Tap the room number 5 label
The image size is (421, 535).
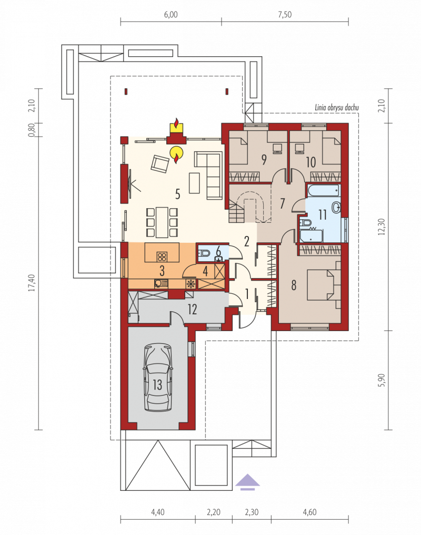coord(177,194)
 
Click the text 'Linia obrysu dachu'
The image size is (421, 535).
coord(337,108)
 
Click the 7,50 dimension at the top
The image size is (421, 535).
coord(285,15)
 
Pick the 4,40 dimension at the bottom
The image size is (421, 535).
coord(157,512)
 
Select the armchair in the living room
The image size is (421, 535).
coord(161,163)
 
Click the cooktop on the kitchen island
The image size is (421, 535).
coord(162,256)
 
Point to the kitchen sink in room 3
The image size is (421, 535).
coord(161,284)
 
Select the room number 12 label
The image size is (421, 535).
coord(192,310)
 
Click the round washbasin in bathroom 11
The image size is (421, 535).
coord(337,207)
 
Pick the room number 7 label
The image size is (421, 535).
coord(282,203)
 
